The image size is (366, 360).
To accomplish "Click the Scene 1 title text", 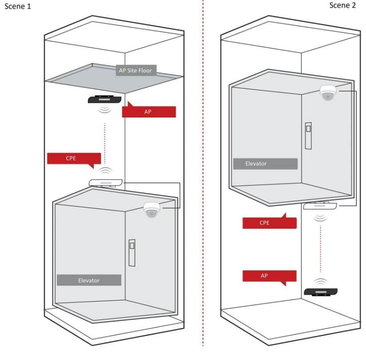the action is click(18, 6).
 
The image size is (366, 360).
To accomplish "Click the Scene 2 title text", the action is click(342, 5).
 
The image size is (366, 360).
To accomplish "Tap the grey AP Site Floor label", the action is click(136, 70).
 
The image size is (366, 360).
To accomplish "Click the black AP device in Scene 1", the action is click(105, 99).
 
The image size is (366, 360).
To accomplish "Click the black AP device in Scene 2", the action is click(321, 292).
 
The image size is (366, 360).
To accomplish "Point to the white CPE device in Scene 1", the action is click(106, 183).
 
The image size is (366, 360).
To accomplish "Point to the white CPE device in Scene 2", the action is click(320, 206).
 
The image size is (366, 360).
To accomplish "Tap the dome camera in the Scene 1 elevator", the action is click(152, 210).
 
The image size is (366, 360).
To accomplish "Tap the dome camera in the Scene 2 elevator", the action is click(328, 93).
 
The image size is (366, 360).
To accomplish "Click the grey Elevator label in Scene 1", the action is click(89, 280).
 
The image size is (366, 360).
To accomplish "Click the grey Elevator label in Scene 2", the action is click(265, 164).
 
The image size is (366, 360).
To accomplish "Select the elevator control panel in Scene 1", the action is click(132, 253).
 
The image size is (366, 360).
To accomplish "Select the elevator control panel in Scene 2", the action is click(308, 136).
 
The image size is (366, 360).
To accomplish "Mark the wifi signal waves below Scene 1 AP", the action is click(105, 109).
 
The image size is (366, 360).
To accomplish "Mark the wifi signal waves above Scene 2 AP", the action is click(321, 282).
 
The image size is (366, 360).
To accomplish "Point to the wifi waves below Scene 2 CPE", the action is click(320, 218).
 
